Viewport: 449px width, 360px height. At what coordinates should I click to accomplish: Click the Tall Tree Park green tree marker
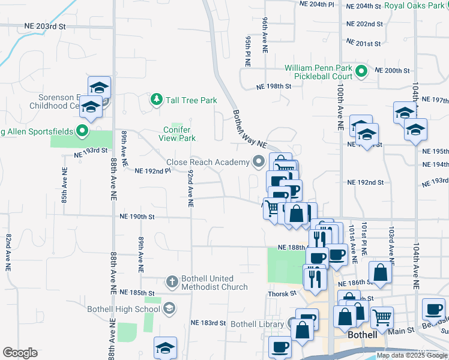point(156,100)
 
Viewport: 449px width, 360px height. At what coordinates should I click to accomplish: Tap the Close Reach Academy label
point(208,162)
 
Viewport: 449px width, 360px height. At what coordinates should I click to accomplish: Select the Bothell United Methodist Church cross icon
point(172,281)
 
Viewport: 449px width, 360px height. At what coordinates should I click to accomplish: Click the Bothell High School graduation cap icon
point(169,309)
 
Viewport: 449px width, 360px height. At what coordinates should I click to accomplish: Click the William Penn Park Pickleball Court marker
point(361,72)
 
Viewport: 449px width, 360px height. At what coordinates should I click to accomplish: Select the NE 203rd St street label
point(45,27)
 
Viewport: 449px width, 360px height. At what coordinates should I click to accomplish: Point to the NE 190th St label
point(137,216)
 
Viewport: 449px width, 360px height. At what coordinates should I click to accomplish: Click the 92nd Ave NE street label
point(190,188)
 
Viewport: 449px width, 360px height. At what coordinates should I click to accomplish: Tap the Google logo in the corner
point(20,352)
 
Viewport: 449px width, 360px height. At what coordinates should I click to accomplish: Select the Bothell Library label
point(257,324)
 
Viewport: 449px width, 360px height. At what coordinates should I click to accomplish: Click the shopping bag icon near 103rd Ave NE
point(380,272)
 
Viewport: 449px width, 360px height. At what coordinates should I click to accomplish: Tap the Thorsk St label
point(282,293)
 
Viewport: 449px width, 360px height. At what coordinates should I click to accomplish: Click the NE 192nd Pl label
point(153,170)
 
